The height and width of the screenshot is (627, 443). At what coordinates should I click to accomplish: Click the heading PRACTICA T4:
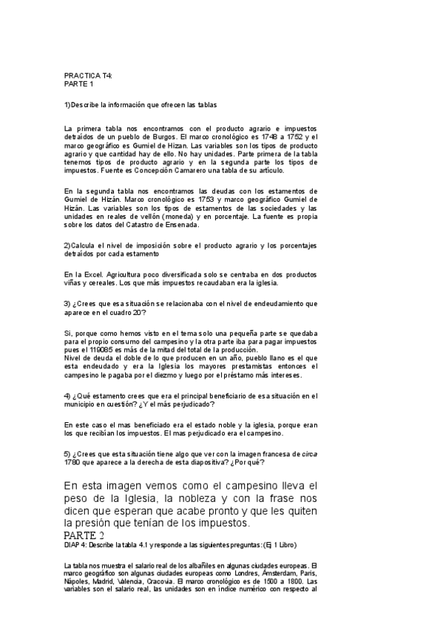pos(88,76)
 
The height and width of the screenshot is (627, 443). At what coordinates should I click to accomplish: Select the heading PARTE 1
pos(80,84)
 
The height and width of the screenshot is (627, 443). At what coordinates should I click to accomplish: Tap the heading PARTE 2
pos(84,535)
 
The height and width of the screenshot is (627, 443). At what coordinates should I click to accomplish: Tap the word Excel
pos(96,274)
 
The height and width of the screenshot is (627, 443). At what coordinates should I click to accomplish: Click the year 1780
pos(73,462)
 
